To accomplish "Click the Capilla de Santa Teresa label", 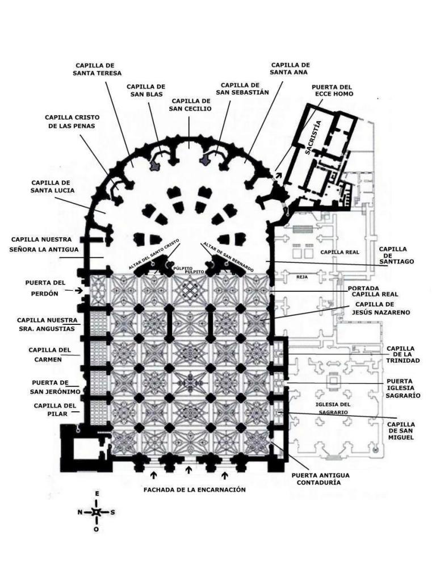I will tap(97, 69).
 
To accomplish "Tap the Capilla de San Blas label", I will tap(147, 90).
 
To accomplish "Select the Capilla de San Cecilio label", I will tap(191, 105).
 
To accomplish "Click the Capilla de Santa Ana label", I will tap(290, 69).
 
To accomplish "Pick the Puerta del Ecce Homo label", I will tap(332, 90).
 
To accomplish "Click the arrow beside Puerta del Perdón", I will tap(70, 290).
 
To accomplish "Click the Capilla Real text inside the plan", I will tap(337, 251).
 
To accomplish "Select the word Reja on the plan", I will tap(302, 278).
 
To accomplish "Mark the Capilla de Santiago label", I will tap(393, 255).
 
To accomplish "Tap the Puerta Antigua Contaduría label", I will tap(320, 479).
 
